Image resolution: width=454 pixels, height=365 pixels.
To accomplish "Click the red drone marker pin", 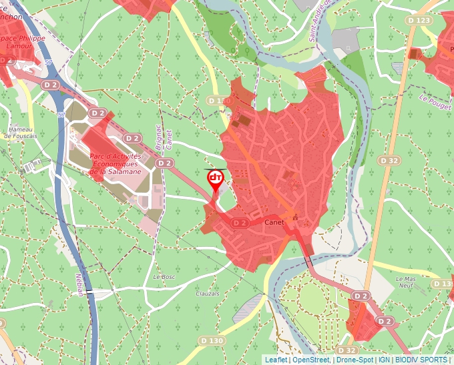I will [215, 179].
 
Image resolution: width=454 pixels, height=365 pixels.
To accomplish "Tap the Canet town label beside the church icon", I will [274, 222].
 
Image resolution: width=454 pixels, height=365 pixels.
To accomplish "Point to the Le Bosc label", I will [164, 276].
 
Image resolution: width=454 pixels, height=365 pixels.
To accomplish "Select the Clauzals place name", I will [208, 294].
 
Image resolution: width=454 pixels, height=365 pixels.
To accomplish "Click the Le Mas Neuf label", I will [406, 282].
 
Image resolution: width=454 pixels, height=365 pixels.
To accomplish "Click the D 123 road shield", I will [419, 21].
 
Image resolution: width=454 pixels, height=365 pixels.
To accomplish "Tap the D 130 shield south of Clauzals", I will [212, 340].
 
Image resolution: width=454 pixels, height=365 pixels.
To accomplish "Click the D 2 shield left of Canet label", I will [240, 223].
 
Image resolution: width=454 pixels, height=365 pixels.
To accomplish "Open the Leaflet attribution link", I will [276, 360].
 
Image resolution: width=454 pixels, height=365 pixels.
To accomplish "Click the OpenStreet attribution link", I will [311, 360].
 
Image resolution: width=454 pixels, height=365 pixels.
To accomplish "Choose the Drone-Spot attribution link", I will [354, 360].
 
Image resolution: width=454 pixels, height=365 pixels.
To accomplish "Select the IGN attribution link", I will [384, 360].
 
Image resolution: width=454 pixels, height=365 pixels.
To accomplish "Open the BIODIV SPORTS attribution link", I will [421, 360].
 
